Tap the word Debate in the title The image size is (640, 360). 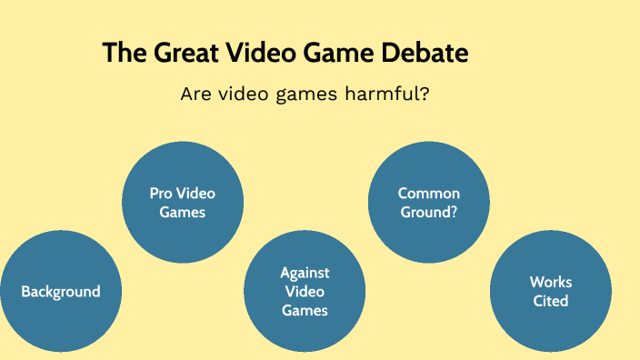(425, 53)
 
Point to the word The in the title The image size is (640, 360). (118, 53)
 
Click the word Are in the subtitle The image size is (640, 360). (196, 94)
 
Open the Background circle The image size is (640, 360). (61, 292)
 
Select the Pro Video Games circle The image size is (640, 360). (183, 202)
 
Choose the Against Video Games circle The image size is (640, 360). (305, 292)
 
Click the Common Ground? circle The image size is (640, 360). (429, 202)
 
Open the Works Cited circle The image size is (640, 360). (551, 292)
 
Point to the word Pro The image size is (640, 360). (161, 193)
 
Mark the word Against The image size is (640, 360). (305, 273)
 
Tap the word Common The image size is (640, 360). (429, 193)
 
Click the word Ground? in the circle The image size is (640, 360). (429, 211)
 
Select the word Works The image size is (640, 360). (551, 283)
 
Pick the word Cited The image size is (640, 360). (551, 301)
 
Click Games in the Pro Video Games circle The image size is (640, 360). (183, 212)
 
